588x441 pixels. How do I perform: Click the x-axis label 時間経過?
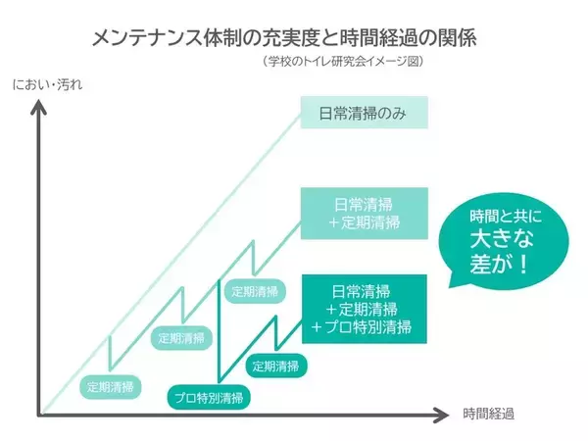coord(490,414)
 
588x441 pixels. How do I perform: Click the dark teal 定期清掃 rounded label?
coord(275,367)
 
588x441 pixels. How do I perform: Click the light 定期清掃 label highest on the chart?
coord(255,291)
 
